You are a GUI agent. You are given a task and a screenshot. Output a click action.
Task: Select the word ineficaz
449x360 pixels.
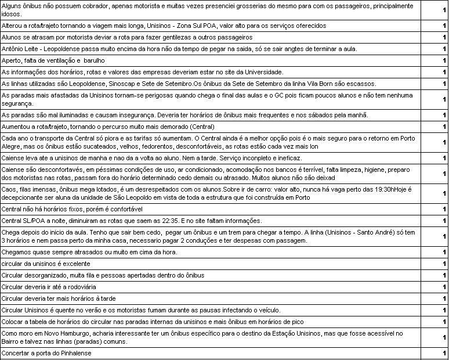[287, 158]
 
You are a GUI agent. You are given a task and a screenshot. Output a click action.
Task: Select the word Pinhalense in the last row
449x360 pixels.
[74, 352]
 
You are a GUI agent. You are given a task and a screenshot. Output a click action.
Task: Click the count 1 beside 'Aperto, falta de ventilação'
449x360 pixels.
[443, 60]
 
